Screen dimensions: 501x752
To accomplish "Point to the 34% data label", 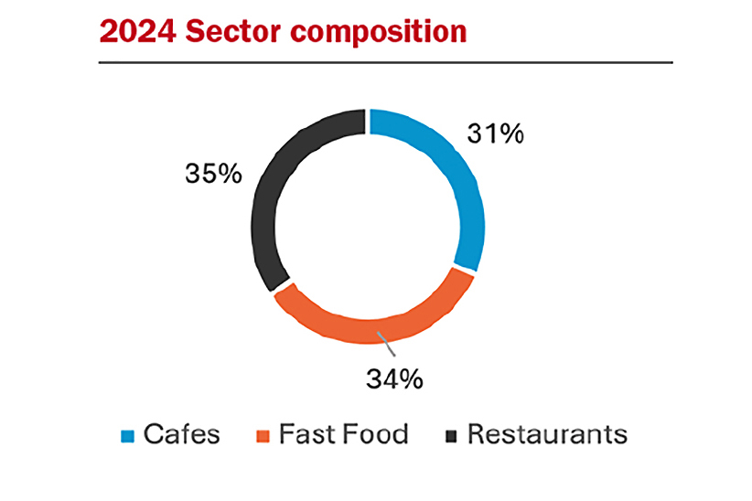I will click(x=394, y=378).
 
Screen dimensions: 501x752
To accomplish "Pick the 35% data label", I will click(x=211, y=173).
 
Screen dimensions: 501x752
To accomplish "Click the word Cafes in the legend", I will click(x=181, y=433).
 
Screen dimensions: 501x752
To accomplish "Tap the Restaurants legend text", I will click(x=547, y=433).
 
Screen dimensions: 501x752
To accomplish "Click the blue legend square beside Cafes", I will click(x=129, y=435).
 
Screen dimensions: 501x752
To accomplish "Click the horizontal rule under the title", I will click(x=385, y=62).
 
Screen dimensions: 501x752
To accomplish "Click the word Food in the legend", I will click(x=375, y=433).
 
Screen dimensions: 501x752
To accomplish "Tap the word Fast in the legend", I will click(x=304, y=433).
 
